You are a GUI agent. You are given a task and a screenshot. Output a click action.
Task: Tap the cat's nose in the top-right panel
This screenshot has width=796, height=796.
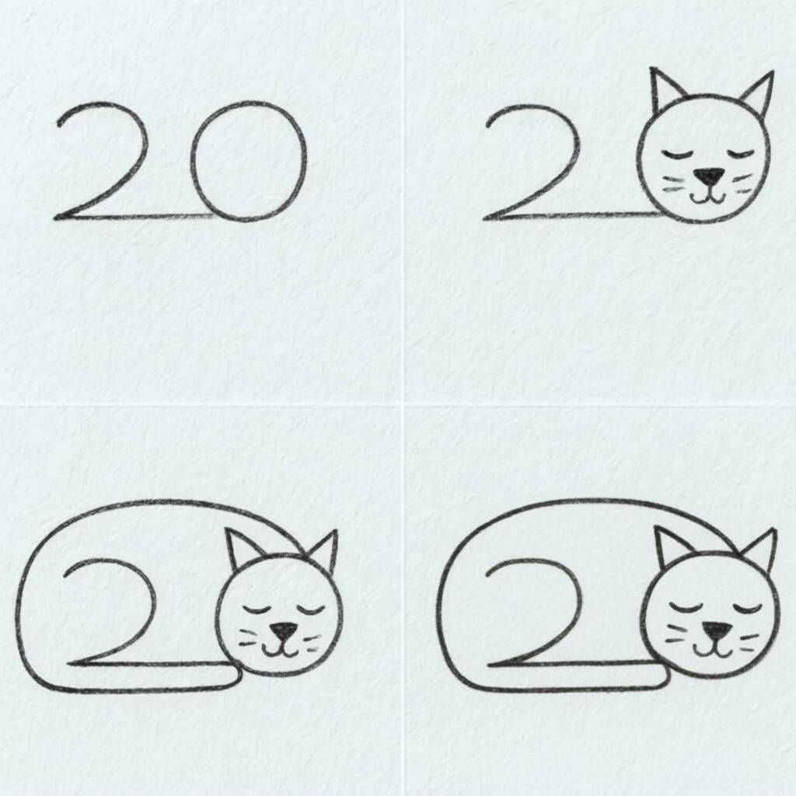pyautogui.click(x=708, y=176)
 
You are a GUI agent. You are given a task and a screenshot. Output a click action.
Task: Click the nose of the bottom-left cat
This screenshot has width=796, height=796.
pyautogui.click(x=282, y=630)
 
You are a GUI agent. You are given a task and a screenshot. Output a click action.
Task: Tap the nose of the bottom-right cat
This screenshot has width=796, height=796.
pyautogui.click(x=714, y=630)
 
